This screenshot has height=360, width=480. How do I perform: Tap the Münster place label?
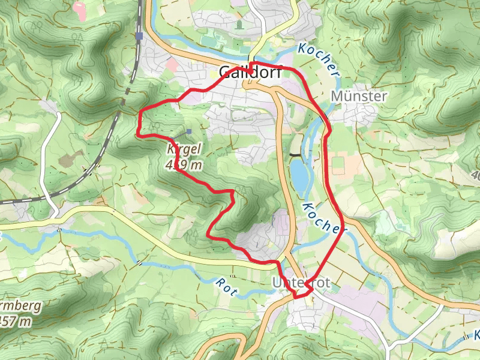tap(359, 96)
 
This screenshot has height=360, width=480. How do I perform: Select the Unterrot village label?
tap(293, 282)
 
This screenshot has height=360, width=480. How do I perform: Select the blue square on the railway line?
tap(139, 35)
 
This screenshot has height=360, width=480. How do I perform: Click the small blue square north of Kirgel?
tap(189, 131)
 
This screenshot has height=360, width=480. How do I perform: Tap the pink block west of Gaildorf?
tap(172, 64)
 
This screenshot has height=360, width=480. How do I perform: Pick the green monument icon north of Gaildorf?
tap(239, 25)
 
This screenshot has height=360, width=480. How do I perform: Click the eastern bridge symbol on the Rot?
tap(140, 263)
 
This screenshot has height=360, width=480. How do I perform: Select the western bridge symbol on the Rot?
tap(59, 229)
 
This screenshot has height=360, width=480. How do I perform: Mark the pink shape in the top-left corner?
tap(80, 8)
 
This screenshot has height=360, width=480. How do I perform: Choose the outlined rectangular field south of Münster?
tap(337, 164)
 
